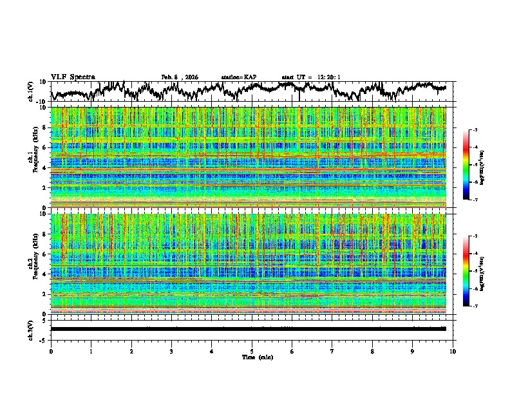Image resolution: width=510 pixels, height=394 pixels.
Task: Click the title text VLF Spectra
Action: [73, 77]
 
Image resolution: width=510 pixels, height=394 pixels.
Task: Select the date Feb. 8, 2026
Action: [180, 77]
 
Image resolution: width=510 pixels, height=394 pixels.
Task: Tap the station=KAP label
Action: [238, 77]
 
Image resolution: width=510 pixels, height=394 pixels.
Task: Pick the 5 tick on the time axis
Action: [252, 351]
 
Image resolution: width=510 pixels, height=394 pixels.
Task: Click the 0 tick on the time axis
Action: [51, 351]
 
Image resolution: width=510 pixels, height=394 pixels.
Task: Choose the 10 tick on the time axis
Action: [453, 351]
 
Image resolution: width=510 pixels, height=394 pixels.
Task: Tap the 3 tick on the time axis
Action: [171, 351]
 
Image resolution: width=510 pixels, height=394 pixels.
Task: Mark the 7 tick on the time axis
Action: [332, 351]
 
